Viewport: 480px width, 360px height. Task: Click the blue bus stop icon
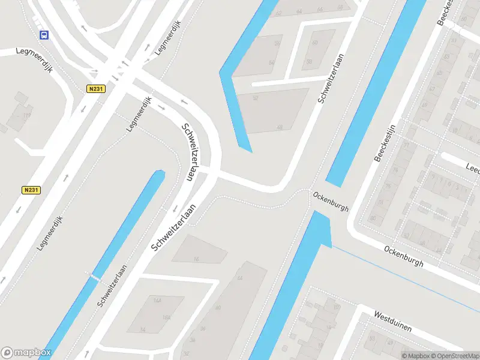click(x=44, y=35)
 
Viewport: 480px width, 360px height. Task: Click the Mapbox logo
click(x=26, y=353)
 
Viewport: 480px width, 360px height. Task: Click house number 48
click(x=279, y=127)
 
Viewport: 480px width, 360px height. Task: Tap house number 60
click(x=316, y=43)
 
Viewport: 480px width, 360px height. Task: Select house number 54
click(x=271, y=62)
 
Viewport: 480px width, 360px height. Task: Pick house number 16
click(x=196, y=259)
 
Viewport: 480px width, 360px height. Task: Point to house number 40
click(x=218, y=307)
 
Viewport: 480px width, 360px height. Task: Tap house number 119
click(x=26, y=115)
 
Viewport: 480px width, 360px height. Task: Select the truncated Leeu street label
click(x=472, y=169)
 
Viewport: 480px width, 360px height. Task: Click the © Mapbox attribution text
click(x=416, y=356)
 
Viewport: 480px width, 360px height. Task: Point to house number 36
click(x=202, y=328)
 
